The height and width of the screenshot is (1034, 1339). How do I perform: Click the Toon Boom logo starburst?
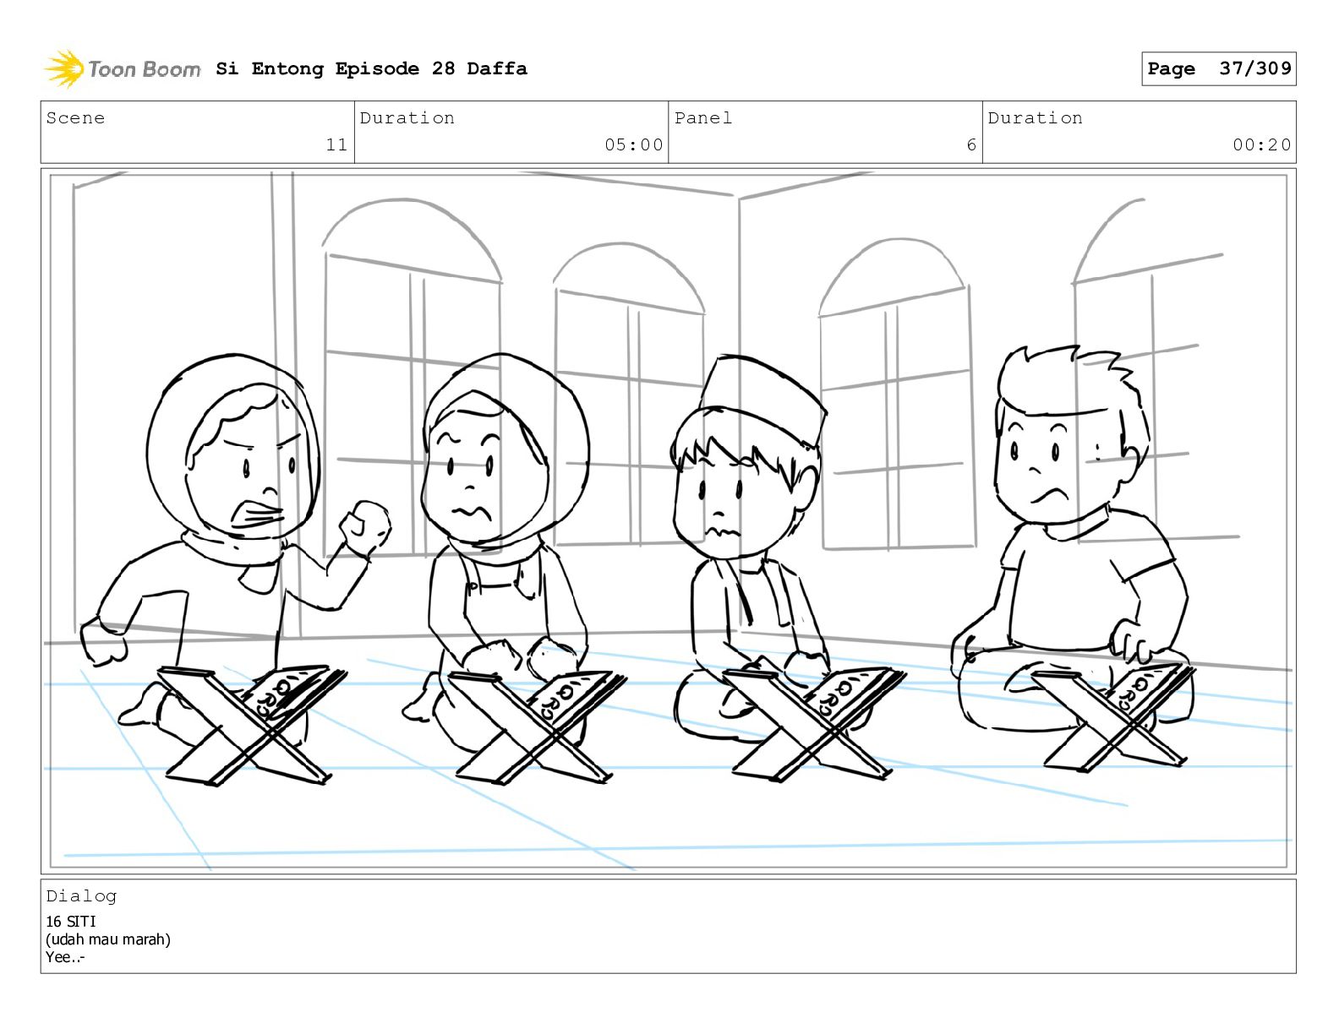tap(64, 68)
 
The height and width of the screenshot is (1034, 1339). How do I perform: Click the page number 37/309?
tap(1255, 68)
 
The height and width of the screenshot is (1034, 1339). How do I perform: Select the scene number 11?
tap(336, 144)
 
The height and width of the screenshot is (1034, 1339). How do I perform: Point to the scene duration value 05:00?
tap(633, 144)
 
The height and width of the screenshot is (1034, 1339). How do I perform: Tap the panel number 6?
tap(971, 144)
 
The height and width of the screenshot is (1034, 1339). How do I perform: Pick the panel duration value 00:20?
tap(1261, 144)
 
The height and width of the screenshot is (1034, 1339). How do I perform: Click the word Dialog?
tap(81, 896)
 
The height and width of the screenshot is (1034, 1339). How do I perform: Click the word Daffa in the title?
tap(497, 68)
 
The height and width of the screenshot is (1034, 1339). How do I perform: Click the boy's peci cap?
tap(764, 399)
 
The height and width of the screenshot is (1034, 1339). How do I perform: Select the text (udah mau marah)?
tap(108, 939)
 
